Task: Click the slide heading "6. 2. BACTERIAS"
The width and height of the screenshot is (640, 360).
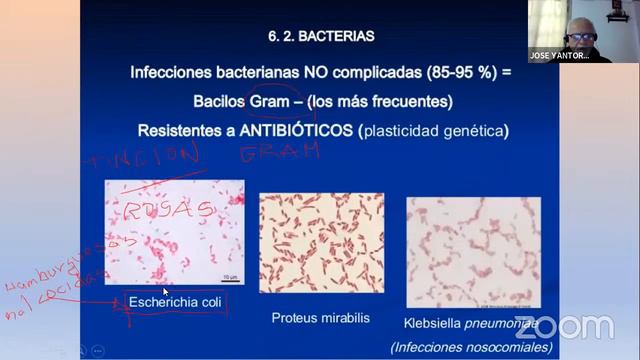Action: click(320, 37)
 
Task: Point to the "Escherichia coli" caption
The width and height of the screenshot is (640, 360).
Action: click(175, 301)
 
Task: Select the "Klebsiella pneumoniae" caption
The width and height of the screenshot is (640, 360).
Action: click(470, 325)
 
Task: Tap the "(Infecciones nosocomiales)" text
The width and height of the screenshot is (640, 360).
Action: click(471, 347)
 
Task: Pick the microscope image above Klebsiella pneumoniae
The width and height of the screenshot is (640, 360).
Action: click(473, 249)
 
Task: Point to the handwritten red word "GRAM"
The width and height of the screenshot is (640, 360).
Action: click(280, 152)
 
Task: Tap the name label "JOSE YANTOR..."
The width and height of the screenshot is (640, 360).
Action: click(558, 56)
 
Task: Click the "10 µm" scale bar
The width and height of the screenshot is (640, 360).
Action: click(229, 277)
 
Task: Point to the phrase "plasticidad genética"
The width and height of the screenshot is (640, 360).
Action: click(432, 131)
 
